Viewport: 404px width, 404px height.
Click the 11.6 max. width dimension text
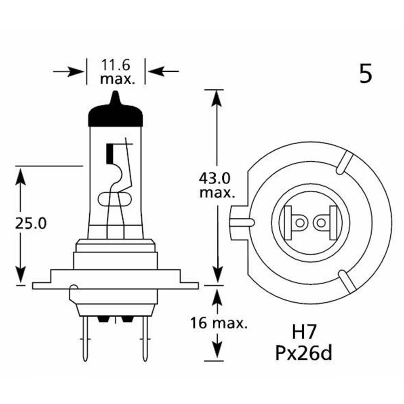tap(116, 71)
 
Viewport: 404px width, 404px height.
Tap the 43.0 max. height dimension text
tap(217, 185)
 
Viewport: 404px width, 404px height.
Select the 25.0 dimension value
tap(31, 223)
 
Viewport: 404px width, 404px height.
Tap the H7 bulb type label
tap(303, 335)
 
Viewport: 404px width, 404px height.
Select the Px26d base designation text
tap(304, 353)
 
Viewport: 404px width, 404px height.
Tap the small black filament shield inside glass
tap(109, 154)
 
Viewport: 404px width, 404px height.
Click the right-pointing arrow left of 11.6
tap(69, 72)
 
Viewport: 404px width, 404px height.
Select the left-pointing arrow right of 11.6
tap(162, 72)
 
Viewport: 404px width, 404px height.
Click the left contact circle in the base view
tap(300, 223)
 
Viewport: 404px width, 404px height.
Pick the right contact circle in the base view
tap(322, 223)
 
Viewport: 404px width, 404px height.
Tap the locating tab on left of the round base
tap(241, 221)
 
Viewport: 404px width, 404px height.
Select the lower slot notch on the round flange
tap(346, 281)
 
